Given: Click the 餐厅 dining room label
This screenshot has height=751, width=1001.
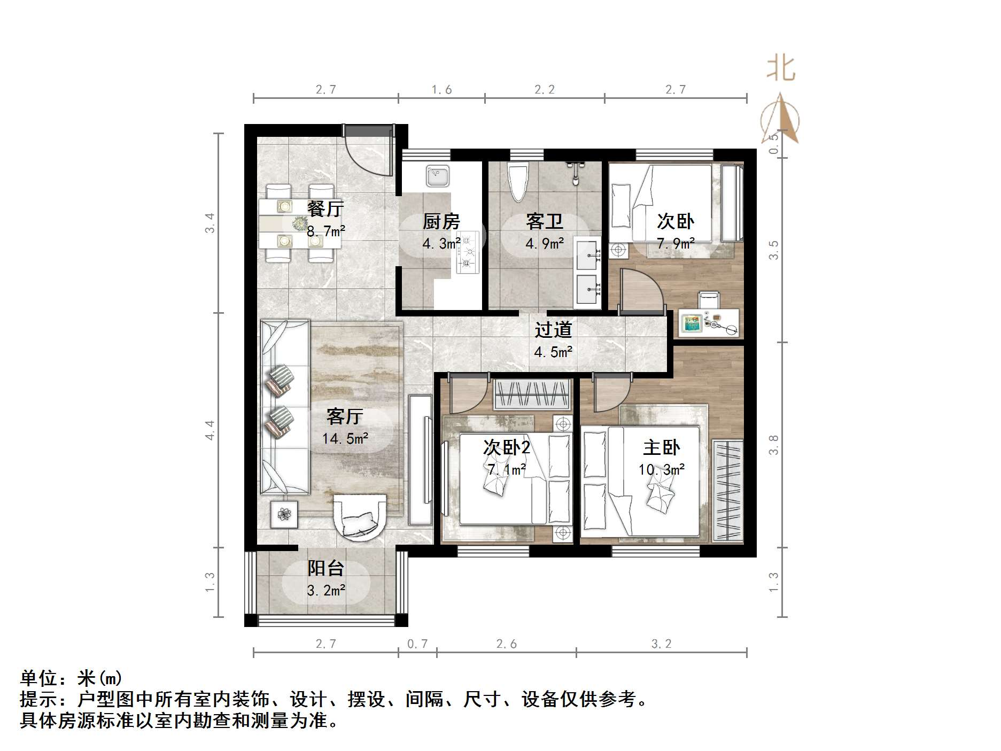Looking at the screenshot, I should point(325,208).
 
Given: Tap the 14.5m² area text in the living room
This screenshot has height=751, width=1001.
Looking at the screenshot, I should point(345,439).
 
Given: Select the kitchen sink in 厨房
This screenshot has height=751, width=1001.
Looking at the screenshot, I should point(438,176).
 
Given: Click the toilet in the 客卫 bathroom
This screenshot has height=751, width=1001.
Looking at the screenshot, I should point(517,182).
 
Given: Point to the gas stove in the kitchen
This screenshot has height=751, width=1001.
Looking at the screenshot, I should point(468,252).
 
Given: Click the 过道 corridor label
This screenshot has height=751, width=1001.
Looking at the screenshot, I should point(553,329).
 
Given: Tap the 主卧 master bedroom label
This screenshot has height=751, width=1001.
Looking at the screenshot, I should point(661,447).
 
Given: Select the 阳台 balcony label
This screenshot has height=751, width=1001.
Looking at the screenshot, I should point(325,568).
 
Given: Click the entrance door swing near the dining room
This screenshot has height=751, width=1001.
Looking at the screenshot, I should point(369,152).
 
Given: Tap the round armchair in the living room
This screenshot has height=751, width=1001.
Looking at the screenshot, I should point(360,516).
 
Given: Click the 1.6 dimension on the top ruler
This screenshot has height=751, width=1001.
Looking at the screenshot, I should point(441,89).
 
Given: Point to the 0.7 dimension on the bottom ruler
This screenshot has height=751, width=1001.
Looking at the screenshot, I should point(417,644).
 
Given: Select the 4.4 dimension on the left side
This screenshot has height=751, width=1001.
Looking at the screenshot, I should point(209,430).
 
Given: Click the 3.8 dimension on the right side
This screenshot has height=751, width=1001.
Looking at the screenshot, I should point(773,445).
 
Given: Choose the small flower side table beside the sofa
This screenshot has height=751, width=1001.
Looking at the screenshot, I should point(283,514).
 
